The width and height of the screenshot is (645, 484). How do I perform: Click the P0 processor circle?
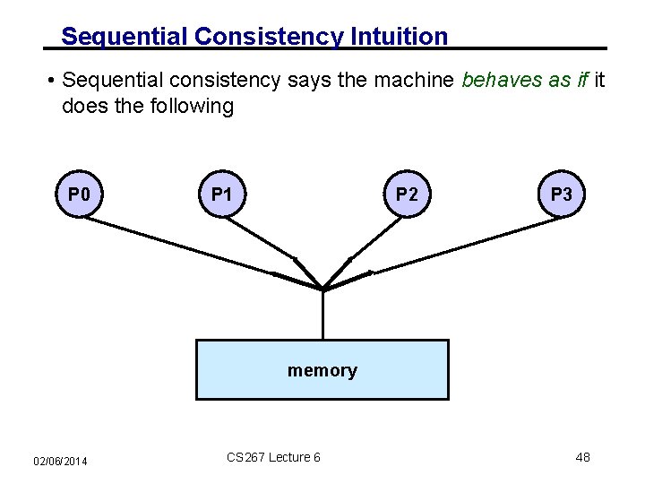point(79,194)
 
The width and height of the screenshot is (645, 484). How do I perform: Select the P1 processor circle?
point(222,194)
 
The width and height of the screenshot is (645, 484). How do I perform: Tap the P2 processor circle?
point(406,194)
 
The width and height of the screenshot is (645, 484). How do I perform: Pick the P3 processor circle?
point(562,194)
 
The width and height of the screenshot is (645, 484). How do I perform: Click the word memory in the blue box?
point(322,370)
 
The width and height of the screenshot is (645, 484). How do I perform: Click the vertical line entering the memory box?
point(322,315)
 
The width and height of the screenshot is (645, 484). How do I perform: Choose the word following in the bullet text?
point(193,107)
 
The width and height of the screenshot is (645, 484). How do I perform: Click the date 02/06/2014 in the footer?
point(60,461)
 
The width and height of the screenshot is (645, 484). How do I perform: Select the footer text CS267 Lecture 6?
point(273,458)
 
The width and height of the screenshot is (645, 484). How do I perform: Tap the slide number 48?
point(582,458)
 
